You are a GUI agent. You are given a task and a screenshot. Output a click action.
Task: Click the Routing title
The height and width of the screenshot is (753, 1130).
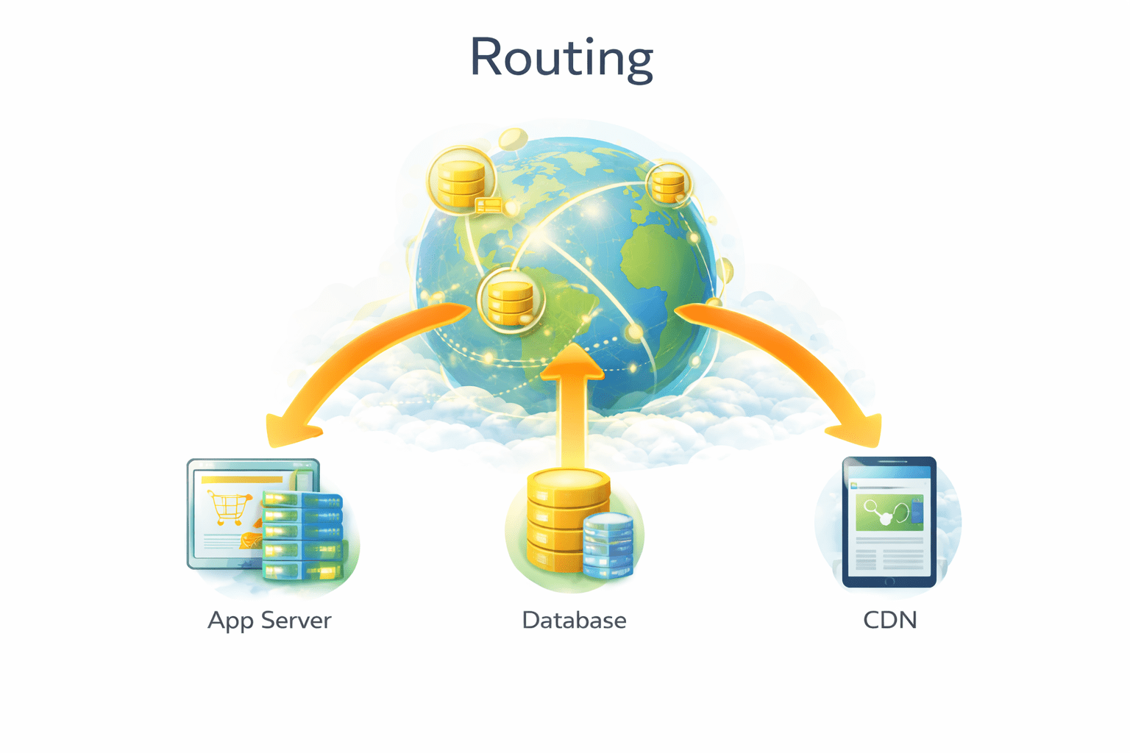pos(561,58)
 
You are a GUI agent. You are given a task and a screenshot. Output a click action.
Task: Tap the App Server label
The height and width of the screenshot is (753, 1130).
pos(269,621)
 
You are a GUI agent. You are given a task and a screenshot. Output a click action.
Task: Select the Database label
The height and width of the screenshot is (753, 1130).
pos(574,621)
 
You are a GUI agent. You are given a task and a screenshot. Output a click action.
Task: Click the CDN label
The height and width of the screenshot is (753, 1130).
pos(889,621)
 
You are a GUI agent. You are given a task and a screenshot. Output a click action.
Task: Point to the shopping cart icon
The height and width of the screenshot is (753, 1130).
pos(228,507)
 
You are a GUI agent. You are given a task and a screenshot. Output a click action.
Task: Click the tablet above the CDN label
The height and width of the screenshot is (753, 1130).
pos(889,522)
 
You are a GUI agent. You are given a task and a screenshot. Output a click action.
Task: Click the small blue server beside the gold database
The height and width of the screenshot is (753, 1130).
pos(608,545)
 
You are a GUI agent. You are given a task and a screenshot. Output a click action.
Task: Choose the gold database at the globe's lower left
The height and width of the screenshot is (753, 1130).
pos(510,301)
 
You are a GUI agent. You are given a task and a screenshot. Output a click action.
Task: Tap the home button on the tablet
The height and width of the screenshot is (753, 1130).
pos(889,582)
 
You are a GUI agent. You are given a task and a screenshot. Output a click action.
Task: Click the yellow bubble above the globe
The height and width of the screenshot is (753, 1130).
pos(512,138)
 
